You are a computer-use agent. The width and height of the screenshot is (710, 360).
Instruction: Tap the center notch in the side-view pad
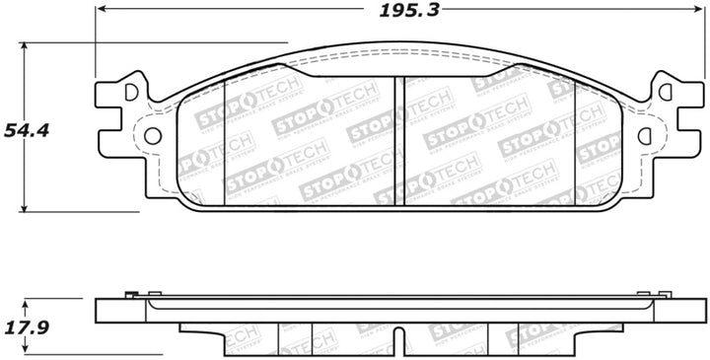(x=398, y=339)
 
